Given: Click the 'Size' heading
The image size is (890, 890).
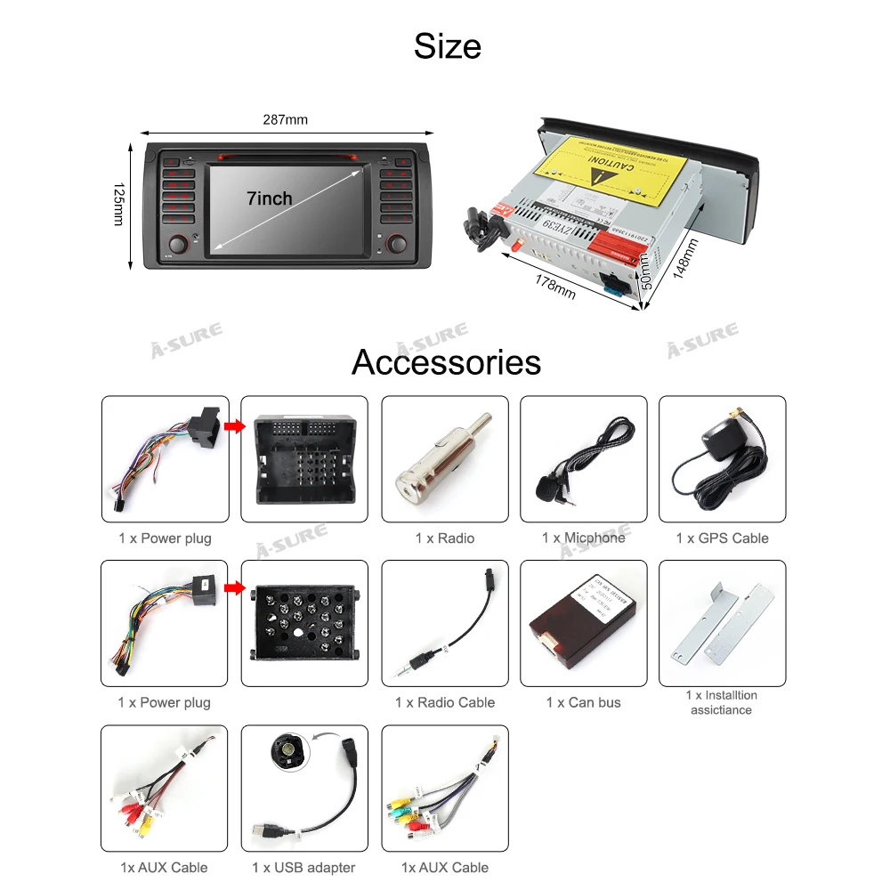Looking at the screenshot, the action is click(447, 46).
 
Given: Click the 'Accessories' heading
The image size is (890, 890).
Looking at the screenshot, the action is click(446, 362).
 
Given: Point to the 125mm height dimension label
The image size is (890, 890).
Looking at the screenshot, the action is click(118, 205).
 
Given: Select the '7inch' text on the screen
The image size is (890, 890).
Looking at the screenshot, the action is click(269, 198).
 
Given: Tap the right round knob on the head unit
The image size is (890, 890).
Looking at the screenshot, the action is click(396, 242).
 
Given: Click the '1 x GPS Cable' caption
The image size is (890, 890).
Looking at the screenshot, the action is click(722, 538).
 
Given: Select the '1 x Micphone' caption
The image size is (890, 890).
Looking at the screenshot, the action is click(583, 538).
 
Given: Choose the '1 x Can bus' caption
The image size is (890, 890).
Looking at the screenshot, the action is click(583, 702).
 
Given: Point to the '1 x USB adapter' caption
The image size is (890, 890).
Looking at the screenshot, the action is click(303, 867).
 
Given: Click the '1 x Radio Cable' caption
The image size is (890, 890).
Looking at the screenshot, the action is click(445, 702).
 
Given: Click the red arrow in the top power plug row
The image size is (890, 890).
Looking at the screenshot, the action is click(234, 426).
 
